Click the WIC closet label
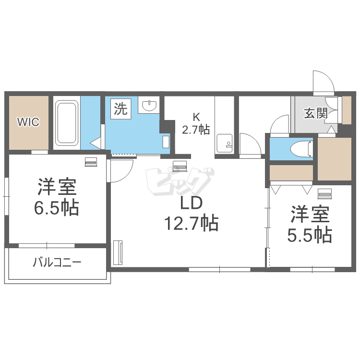point(28,122)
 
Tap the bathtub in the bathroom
point(67,123)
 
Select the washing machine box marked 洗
point(121,109)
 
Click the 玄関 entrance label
point(316,113)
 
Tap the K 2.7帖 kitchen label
point(196,124)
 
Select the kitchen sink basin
point(225,143)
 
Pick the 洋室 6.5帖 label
point(57,197)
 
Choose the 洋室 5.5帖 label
point(310,224)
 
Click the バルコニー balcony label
point(57,262)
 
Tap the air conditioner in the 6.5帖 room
point(91,162)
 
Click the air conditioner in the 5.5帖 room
point(324,194)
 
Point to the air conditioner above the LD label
point(180,166)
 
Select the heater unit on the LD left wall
point(118,253)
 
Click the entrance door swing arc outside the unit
point(328,78)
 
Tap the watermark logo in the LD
point(180,181)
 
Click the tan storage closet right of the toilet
point(335,159)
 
